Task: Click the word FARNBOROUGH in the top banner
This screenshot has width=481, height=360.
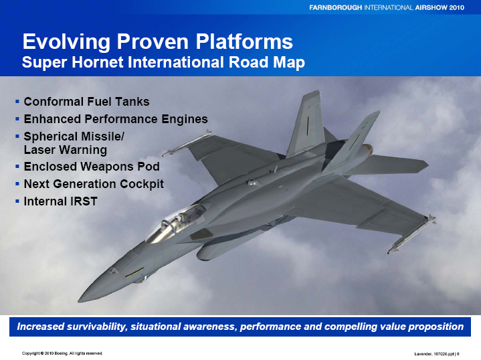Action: (335, 7)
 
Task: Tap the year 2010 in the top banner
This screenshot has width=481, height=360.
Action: (457, 7)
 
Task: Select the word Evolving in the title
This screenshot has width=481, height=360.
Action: (66, 41)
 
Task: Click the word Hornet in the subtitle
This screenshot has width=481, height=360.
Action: (99, 62)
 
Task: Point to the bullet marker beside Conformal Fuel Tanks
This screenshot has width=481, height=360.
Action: (17, 101)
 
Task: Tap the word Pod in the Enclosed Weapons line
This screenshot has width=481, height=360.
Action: (149, 167)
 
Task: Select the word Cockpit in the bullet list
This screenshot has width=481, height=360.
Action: (142, 184)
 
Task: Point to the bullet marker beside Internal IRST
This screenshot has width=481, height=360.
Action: (17, 201)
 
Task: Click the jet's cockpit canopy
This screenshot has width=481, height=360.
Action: (175, 223)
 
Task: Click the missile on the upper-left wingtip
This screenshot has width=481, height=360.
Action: (187, 143)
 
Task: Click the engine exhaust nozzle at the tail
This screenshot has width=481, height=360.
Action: (367, 150)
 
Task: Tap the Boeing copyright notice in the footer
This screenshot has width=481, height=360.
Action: (62, 353)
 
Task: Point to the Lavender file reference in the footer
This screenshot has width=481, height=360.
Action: (437, 354)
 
